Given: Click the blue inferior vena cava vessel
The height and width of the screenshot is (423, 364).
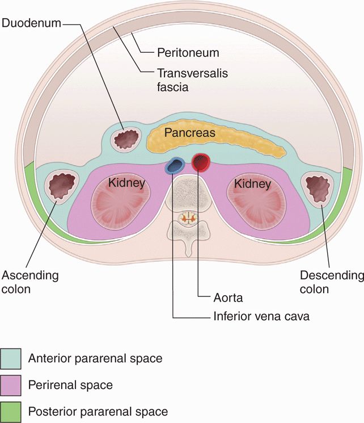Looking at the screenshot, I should (175, 166).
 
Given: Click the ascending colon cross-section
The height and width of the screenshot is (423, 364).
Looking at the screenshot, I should (61, 186).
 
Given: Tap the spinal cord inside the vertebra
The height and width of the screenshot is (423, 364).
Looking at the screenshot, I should (187, 216).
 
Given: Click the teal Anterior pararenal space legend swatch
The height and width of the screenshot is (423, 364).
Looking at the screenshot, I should (11, 358).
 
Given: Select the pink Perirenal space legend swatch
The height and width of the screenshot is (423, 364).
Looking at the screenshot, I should (11, 385).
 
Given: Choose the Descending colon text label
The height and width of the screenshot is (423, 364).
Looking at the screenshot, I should (331, 282).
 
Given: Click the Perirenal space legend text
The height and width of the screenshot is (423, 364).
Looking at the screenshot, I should (70, 385).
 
